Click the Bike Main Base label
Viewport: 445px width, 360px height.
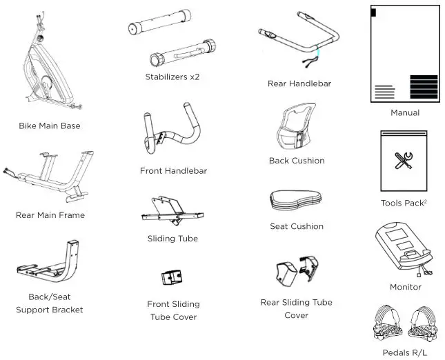pyautogui.click(x=50, y=126)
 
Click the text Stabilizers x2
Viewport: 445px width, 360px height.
pyautogui.click(x=172, y=77)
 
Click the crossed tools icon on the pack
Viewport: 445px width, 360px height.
pyautogui.click(x=404, y=161)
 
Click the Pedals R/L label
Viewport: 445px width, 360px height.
pyautogui.click(x=405, y=352)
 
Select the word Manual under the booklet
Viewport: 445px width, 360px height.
pyautogui.click(x=405, y=112)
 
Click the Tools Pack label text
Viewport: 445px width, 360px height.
pyautogui.click(x=404, y=203)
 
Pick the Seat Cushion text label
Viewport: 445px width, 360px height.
pyautogui.click(x=297, y=226)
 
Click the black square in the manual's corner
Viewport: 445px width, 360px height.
pyautogui.click(x=373, y=12)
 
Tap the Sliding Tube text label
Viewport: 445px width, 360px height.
pyautogui.click(x=172, y=239)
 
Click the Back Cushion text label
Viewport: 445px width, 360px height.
pyautogui.click(x=297, y=161)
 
